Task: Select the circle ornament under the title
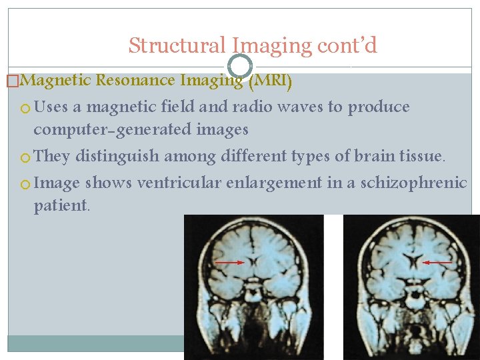click(240, 65)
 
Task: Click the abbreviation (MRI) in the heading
click(269, 81)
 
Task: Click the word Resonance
click(136, 81)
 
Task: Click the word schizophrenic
click(414, 183)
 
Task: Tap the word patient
click(61, 206)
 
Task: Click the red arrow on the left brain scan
click(230, 263)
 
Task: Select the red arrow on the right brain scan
click(437, 263)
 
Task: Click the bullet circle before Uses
click(25, 108)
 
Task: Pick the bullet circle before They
click(25, 157)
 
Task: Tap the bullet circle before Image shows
click(25, 184)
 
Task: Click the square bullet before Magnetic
click(12, 81)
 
